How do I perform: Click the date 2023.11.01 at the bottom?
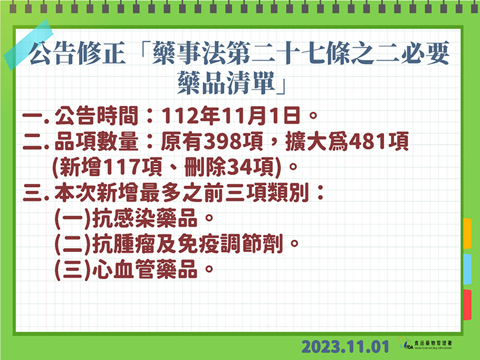coord(345,347)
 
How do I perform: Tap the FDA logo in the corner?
coord(425,343)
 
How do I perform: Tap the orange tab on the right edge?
coord(467,233)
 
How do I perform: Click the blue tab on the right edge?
coord(467,269)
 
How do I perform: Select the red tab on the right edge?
coord(467,305)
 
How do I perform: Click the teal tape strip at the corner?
coord(28,45)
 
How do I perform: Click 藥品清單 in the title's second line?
coord(226,83)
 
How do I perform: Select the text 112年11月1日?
coord(231,116)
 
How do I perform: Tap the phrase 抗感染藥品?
coord(145,219)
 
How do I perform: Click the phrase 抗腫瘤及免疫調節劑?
coord(187,244)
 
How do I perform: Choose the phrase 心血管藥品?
coord(145,270)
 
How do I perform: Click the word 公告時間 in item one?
coord(96,116)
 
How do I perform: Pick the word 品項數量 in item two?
coord(96,141)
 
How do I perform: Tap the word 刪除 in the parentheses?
coord(205,167)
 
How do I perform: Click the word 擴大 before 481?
coord(306,141)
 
